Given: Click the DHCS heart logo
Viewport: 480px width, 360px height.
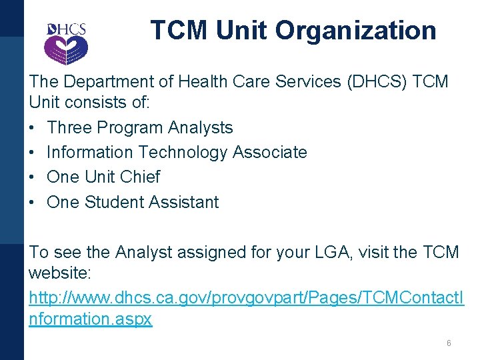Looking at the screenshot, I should click(x=66, y=43).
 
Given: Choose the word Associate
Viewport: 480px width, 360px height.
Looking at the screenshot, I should click(x=269, y=152).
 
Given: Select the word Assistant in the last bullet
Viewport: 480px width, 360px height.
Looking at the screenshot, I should click(x=186, y=202).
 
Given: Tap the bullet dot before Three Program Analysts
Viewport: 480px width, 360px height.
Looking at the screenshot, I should click(x=33, y=127).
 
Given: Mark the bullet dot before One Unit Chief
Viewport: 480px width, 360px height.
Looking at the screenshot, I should click(x=33, y=177).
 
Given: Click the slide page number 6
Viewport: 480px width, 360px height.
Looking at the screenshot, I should click(x=449, y=343).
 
